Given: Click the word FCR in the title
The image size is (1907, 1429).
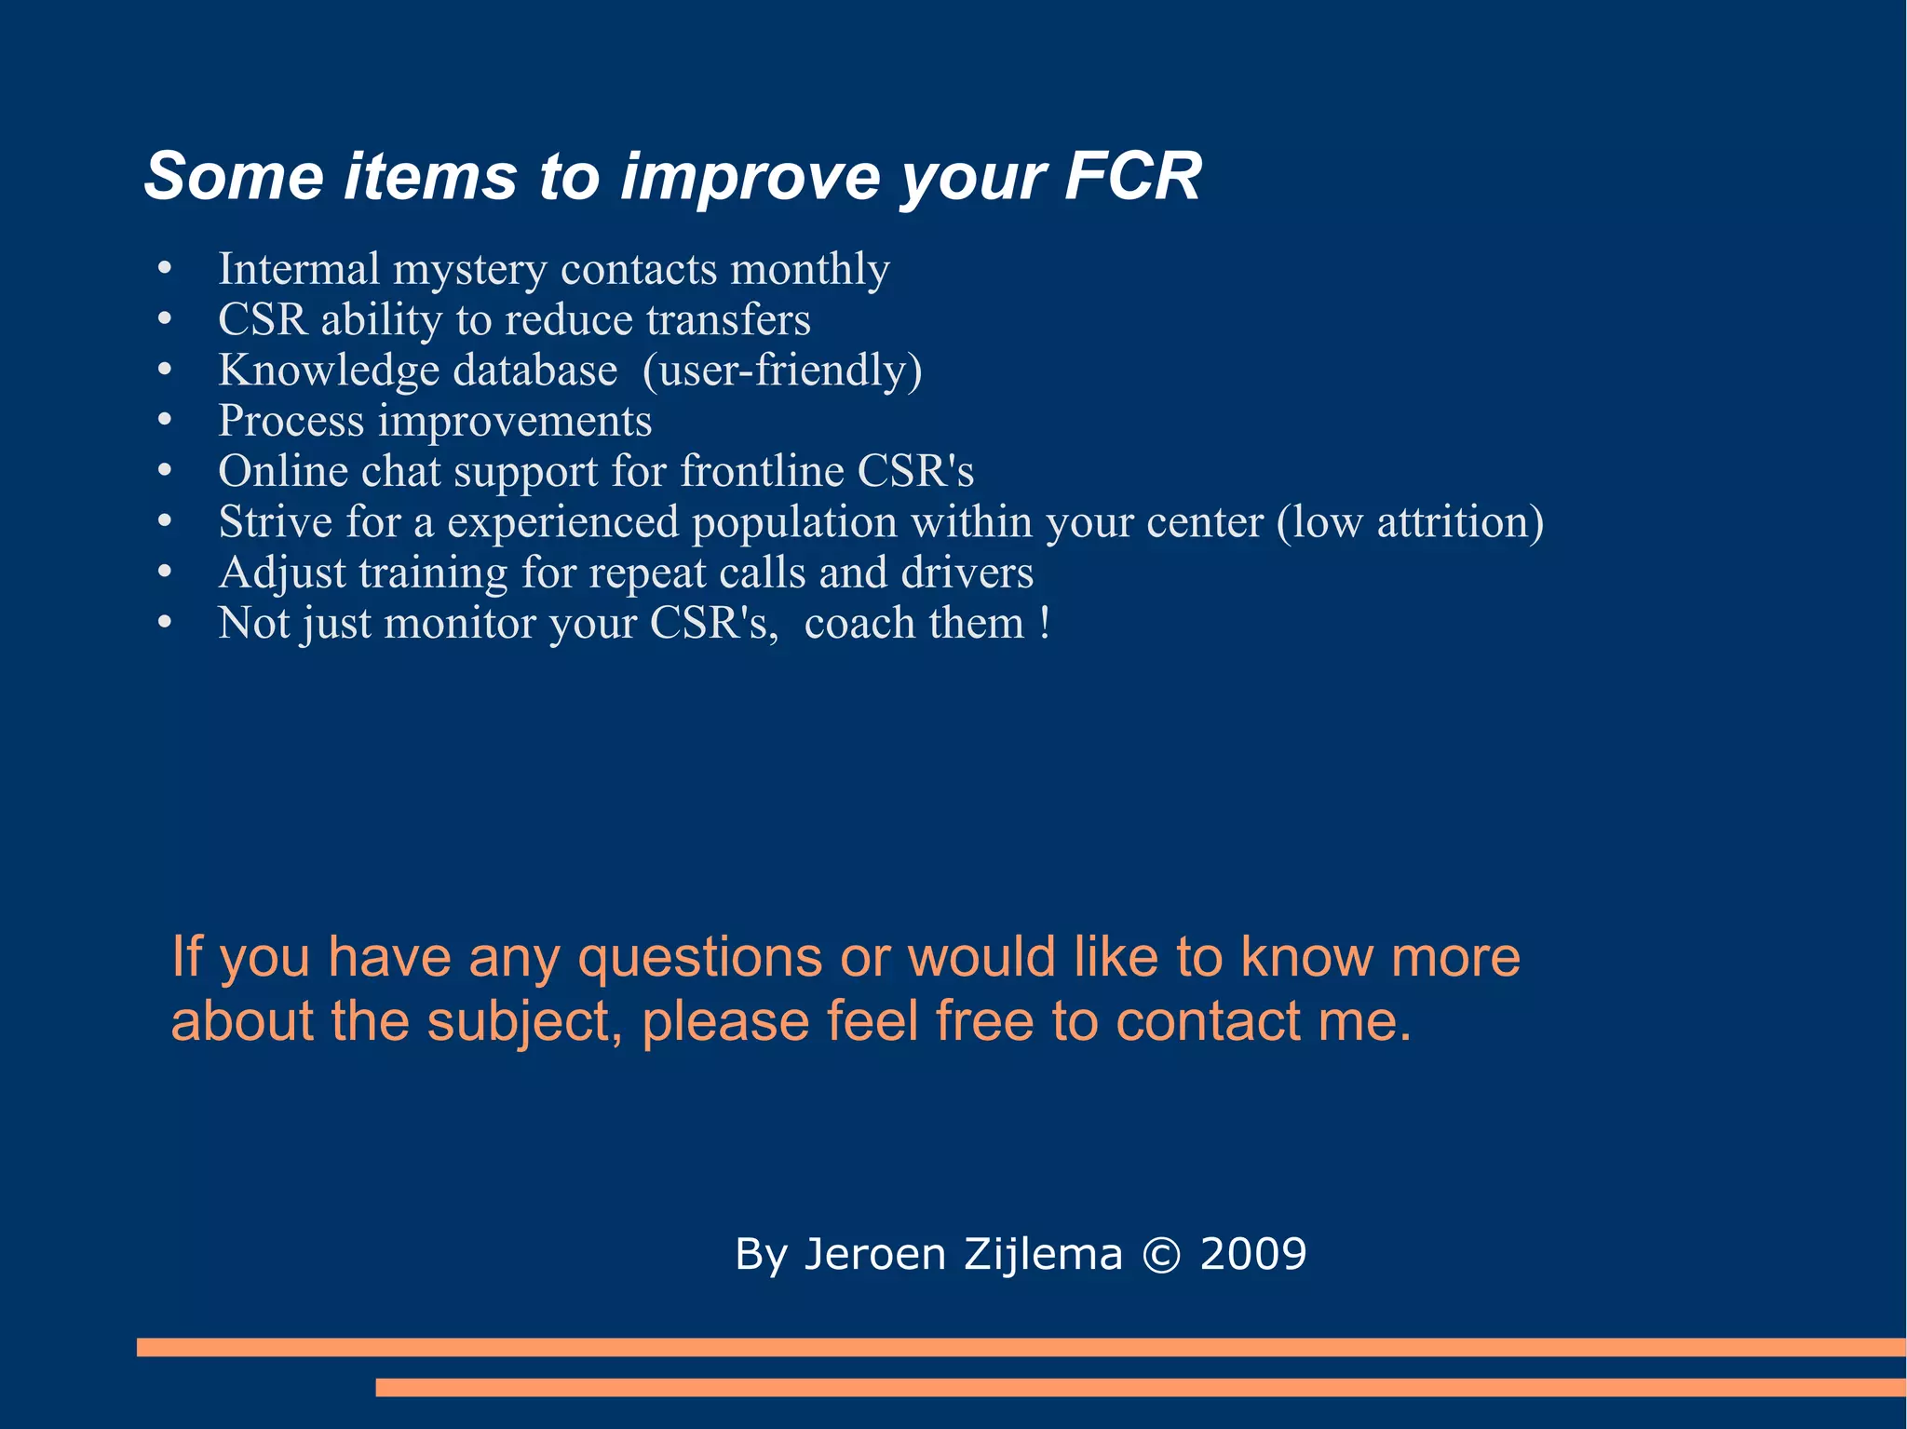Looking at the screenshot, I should coord(1132,176).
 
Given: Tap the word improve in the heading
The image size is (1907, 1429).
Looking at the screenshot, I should coord(750,178).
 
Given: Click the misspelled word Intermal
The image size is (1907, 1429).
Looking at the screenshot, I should coord(298,269).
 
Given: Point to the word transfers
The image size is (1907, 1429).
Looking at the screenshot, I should coord(728,319).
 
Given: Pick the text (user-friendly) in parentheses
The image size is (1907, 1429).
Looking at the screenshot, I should coord(782,371).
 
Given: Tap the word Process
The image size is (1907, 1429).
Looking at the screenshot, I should coord(291,422).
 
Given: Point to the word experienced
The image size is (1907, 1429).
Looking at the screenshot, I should coord(562,523).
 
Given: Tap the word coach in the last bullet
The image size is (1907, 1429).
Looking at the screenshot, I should coord(859,623).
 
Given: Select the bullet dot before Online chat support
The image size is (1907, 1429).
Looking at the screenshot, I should coord(165,471).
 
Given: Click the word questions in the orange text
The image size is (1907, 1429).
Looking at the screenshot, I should coord(700,958).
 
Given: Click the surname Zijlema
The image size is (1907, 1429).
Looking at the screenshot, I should coord(1043,1254).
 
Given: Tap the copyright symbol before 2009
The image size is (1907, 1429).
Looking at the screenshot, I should coord(1161,1255).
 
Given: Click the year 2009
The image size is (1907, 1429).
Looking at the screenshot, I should coord(1253,1254).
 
